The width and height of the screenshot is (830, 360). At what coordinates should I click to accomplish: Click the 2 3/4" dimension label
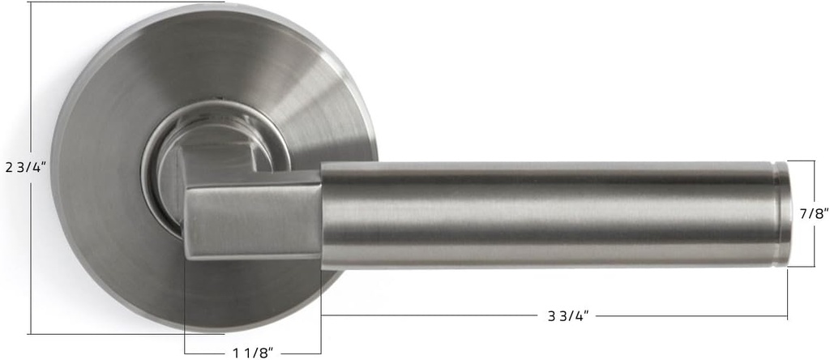click(x=26, y=168)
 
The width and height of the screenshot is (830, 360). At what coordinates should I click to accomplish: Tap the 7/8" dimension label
click(x=813, y=213)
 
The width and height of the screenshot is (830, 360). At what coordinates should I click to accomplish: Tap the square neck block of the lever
click(x=253, y=218)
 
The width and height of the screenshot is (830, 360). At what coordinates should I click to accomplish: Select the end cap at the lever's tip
click(x=783, y=214)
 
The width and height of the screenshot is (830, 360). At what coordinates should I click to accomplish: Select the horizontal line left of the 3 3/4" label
click(x=430, y=315)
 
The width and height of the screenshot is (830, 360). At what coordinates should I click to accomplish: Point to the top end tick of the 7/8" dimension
click(x=802, y=161)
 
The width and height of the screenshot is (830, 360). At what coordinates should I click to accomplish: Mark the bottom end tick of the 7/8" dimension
click(x=802, y=267)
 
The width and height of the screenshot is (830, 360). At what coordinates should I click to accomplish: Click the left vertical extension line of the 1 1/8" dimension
click(x=185, y=308)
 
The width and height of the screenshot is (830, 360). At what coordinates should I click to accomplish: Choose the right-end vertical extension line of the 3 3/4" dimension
click(x=787, y=292)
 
